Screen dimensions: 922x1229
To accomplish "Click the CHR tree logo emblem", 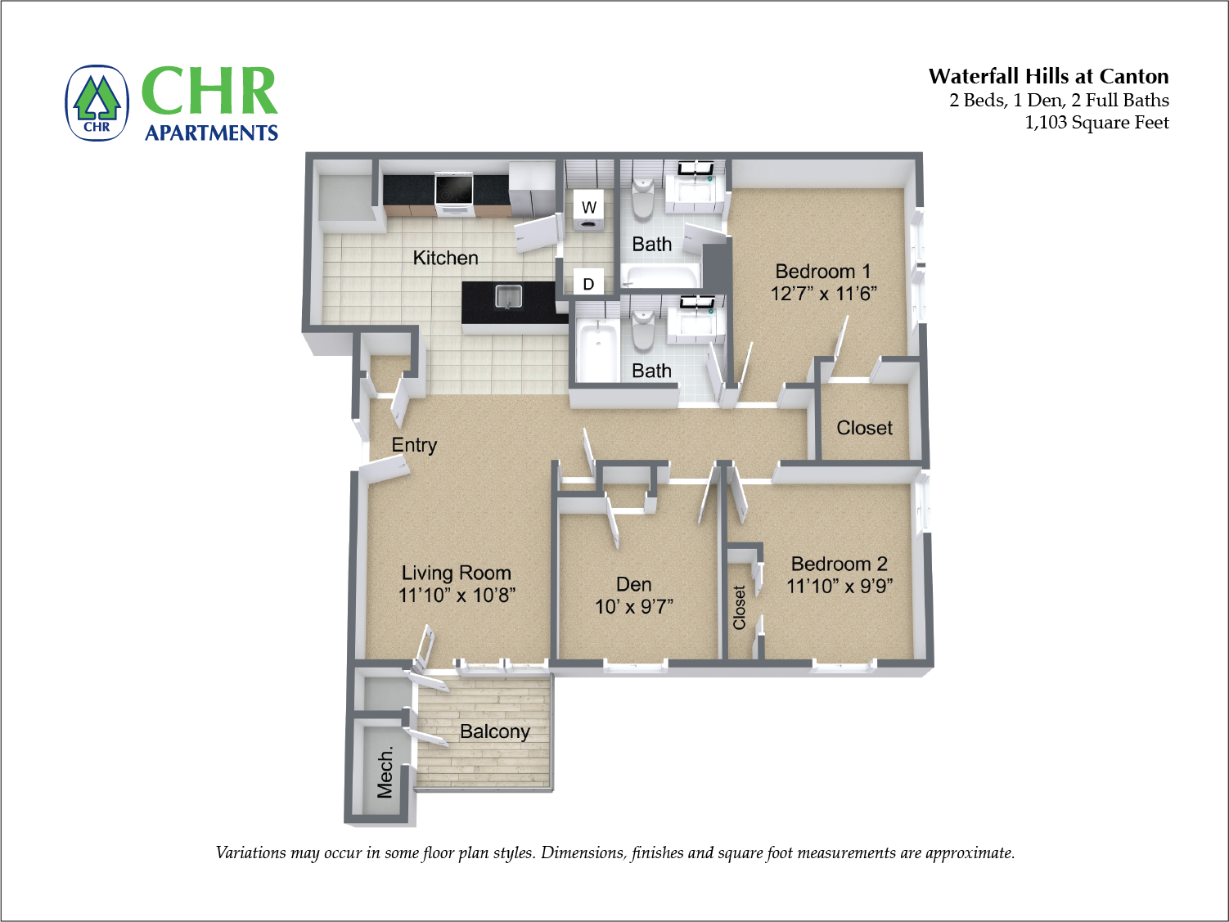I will (x=97, y=103).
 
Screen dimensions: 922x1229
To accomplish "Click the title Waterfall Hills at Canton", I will (x=1048, y=77).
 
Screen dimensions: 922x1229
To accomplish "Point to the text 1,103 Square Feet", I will (x=1096, y=123).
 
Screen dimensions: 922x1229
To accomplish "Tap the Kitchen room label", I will (x=445, y=259).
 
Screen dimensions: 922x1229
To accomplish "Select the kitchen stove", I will (x=454, y=193).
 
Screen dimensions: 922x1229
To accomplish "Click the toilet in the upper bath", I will (x=643, y=196).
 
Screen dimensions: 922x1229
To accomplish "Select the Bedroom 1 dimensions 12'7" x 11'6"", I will (x=823, y=294).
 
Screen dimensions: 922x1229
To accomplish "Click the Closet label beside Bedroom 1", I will (x=864, y=428).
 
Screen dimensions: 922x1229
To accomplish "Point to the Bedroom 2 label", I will (x=839, y=564).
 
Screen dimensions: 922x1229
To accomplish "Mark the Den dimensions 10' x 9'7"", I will (x=634, y=606).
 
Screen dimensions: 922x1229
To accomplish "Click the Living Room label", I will (x=456, y=573).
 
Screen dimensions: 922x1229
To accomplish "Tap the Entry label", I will (x=414, y=445).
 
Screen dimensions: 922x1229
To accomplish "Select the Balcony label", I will (x=494, y=731).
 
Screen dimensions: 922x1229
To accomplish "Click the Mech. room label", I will (x=385, y=771).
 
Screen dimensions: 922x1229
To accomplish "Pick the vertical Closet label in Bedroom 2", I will (x=740, y=607).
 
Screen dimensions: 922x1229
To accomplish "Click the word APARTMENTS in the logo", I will (x=211, y=133).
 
